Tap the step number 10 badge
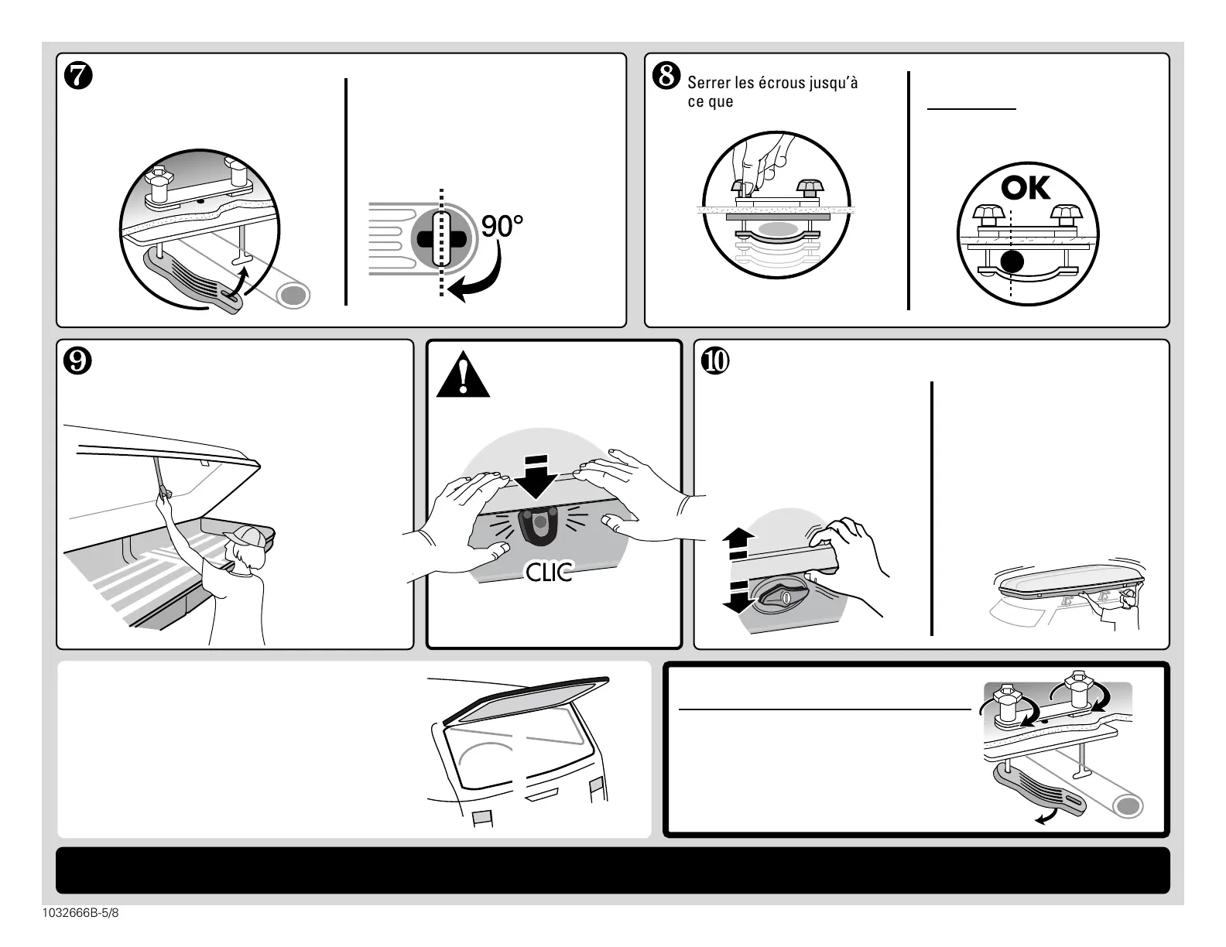point(715,361)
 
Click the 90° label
point(502,227)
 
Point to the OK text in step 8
point(1026,188)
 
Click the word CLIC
point(549,573)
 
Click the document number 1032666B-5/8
point(81,914)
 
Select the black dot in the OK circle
point(1011,262)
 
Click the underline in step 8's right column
point(971,110)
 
